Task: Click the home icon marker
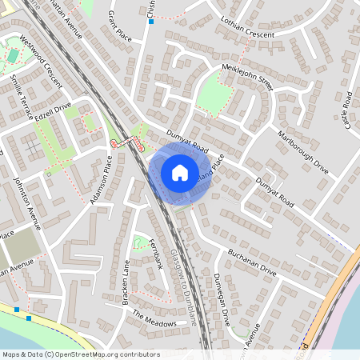(x=180, y=172)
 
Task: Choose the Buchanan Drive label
(x=250, y=261)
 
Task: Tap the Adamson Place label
(x=102, y=181)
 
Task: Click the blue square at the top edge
(x=150, y=22)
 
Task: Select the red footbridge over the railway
(x=126, y=142)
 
